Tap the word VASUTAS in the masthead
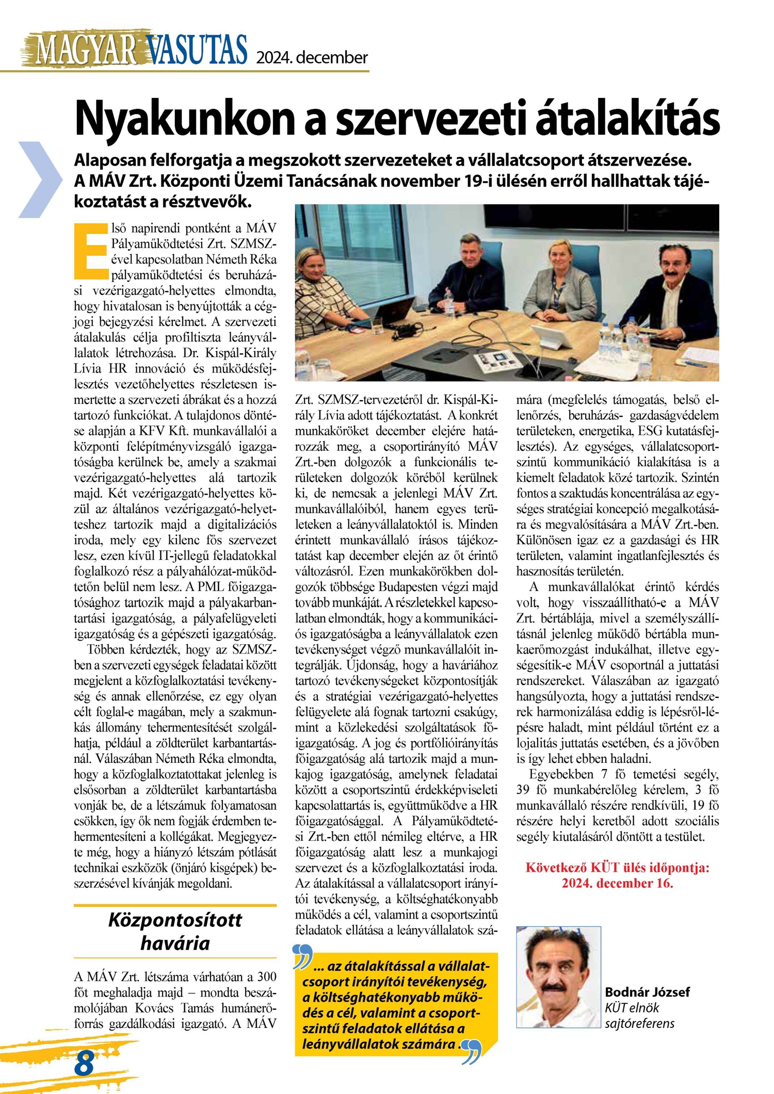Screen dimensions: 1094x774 (x=196, y=50)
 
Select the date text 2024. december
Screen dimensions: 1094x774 (x=312, y=57)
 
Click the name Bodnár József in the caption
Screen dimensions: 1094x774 (x=647, y=992)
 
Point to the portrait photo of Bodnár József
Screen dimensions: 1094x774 (x=559, y=977)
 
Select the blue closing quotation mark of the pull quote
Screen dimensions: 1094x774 (x=471, y=1052)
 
